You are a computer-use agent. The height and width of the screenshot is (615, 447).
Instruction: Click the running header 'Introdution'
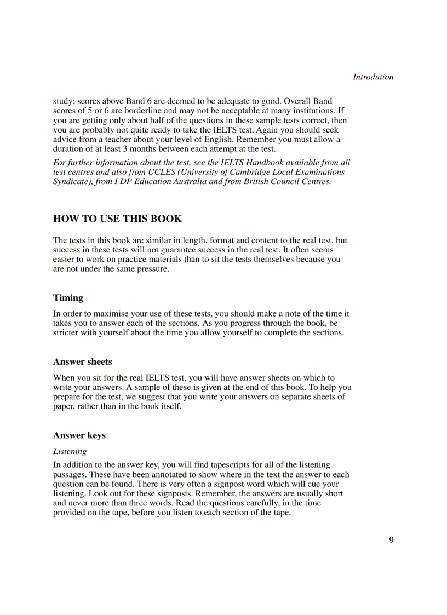pyautogui.click(x=373, y=77)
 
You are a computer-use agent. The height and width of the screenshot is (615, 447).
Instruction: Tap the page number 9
pyautogui.click(x=391, y=540)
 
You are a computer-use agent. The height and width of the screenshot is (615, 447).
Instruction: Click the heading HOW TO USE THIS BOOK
pyautogui.click(x=117, y=219)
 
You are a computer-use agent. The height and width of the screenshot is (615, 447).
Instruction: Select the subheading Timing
pyautogui.click(x=68, y=298)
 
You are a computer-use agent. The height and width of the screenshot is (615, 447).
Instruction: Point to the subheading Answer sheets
pyautogui.click(x=82, y=362)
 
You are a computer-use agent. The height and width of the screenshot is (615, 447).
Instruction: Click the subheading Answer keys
pyautogui.click(x=79, y=435)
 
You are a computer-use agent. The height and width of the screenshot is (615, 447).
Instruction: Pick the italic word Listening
pyautogui.click(x=70, y=451)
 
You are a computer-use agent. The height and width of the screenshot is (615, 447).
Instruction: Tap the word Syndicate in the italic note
pyautogui.click(x=71, y=181)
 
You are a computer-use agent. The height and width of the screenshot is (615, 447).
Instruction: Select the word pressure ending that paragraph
pyautogui.click(x=153, y=269)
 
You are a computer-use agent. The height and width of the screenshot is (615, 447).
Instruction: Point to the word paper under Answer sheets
pyautogui.click(x=64, y=406)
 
